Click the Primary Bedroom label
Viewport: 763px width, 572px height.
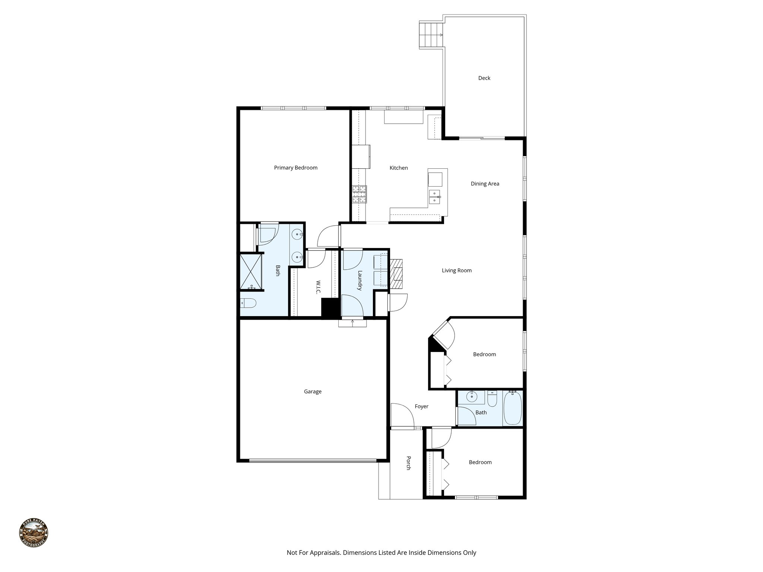pos(295,168)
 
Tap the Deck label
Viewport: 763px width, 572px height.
pos(484,78)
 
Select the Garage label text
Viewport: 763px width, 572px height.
pos(312,391)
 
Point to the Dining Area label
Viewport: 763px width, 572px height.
pos(485,184)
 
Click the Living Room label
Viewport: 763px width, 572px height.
pos(456,270)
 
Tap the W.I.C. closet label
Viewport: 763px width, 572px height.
pos(318,287)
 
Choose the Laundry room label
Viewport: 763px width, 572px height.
pos(360,280)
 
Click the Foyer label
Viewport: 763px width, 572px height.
pos(421,406)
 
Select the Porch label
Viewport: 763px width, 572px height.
pos(408,463)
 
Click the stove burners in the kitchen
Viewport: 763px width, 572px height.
pos(360,194)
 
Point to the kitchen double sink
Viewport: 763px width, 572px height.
pos(435,197)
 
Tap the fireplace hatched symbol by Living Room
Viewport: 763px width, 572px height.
pos(398,274)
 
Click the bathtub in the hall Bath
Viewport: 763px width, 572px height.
pos(513,409)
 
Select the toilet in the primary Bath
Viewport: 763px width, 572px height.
pos(248,304)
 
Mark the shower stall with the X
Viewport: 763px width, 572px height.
pos(251,271)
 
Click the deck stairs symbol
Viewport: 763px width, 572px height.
pos(431,35)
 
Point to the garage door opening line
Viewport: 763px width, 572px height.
pos(312,461)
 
